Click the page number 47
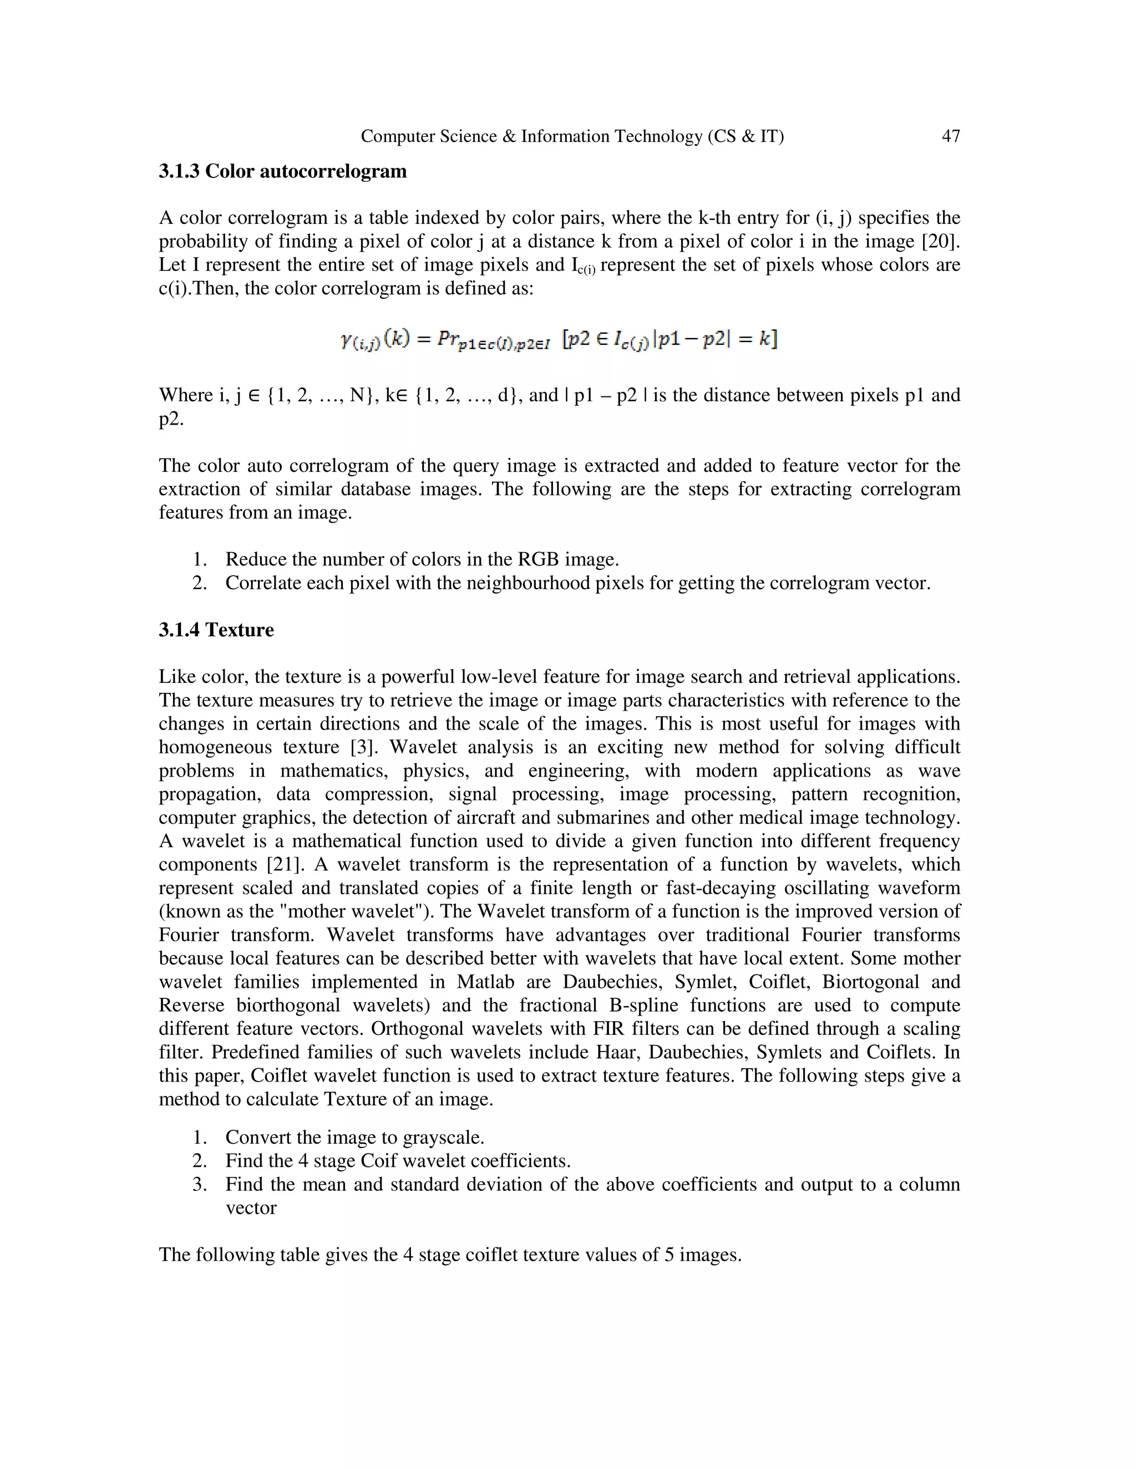pos(950,136)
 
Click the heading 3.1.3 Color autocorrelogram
pos(283,171)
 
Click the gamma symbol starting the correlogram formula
pos(348,340)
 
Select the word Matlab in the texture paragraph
pos(485,982)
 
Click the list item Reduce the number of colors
pos(422,560)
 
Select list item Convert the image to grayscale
pos(354,1138)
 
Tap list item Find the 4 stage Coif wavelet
pos(397,1161)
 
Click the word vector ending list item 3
pos(250,1208)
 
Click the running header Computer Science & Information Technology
pos(572,136)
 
